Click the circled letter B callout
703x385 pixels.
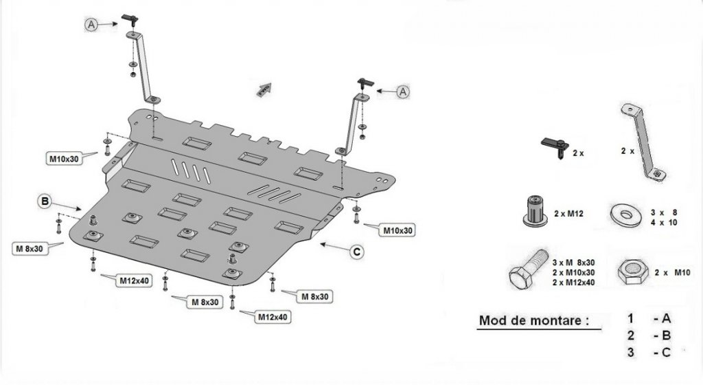coord(45,201)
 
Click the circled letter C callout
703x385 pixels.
coord(356,252)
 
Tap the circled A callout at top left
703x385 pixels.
coord(92,24)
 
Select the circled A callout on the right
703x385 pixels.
coord(403,91)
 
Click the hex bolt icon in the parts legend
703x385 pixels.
coord(524,273)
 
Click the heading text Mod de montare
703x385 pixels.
coord(534,320)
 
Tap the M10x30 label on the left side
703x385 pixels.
coord(65,159)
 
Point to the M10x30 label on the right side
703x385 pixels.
coord(398,230)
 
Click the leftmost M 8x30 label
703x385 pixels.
coord(29,248)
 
